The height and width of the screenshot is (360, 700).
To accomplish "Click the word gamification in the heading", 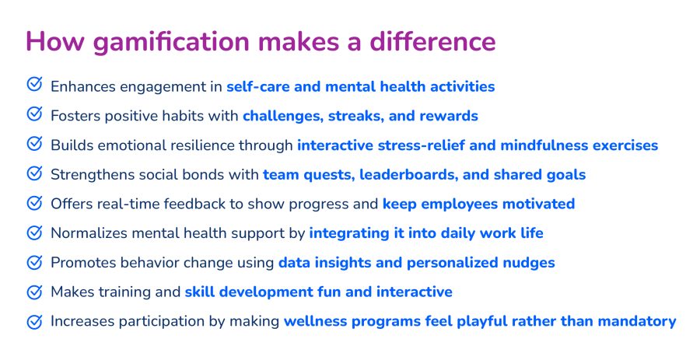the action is click(171, 41).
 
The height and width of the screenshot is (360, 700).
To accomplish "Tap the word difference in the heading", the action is click(432, 41).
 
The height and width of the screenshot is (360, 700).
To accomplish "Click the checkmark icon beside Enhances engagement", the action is click(34, 84).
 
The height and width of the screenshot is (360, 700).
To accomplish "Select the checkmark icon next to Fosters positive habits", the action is click(34, 114).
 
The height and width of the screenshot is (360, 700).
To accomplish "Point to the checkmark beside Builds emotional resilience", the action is click(34, 143).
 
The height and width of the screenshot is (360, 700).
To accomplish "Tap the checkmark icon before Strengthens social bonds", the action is click(34, 173).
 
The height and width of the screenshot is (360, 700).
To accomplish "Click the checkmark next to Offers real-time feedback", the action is click(34, 202).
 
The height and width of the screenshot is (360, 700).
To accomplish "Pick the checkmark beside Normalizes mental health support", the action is click(34, 232).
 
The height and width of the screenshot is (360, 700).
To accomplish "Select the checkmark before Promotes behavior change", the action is click(34, 262).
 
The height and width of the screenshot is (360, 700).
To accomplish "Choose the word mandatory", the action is click(637, 322).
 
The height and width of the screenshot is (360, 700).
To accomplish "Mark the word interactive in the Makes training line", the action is click(415, 292).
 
